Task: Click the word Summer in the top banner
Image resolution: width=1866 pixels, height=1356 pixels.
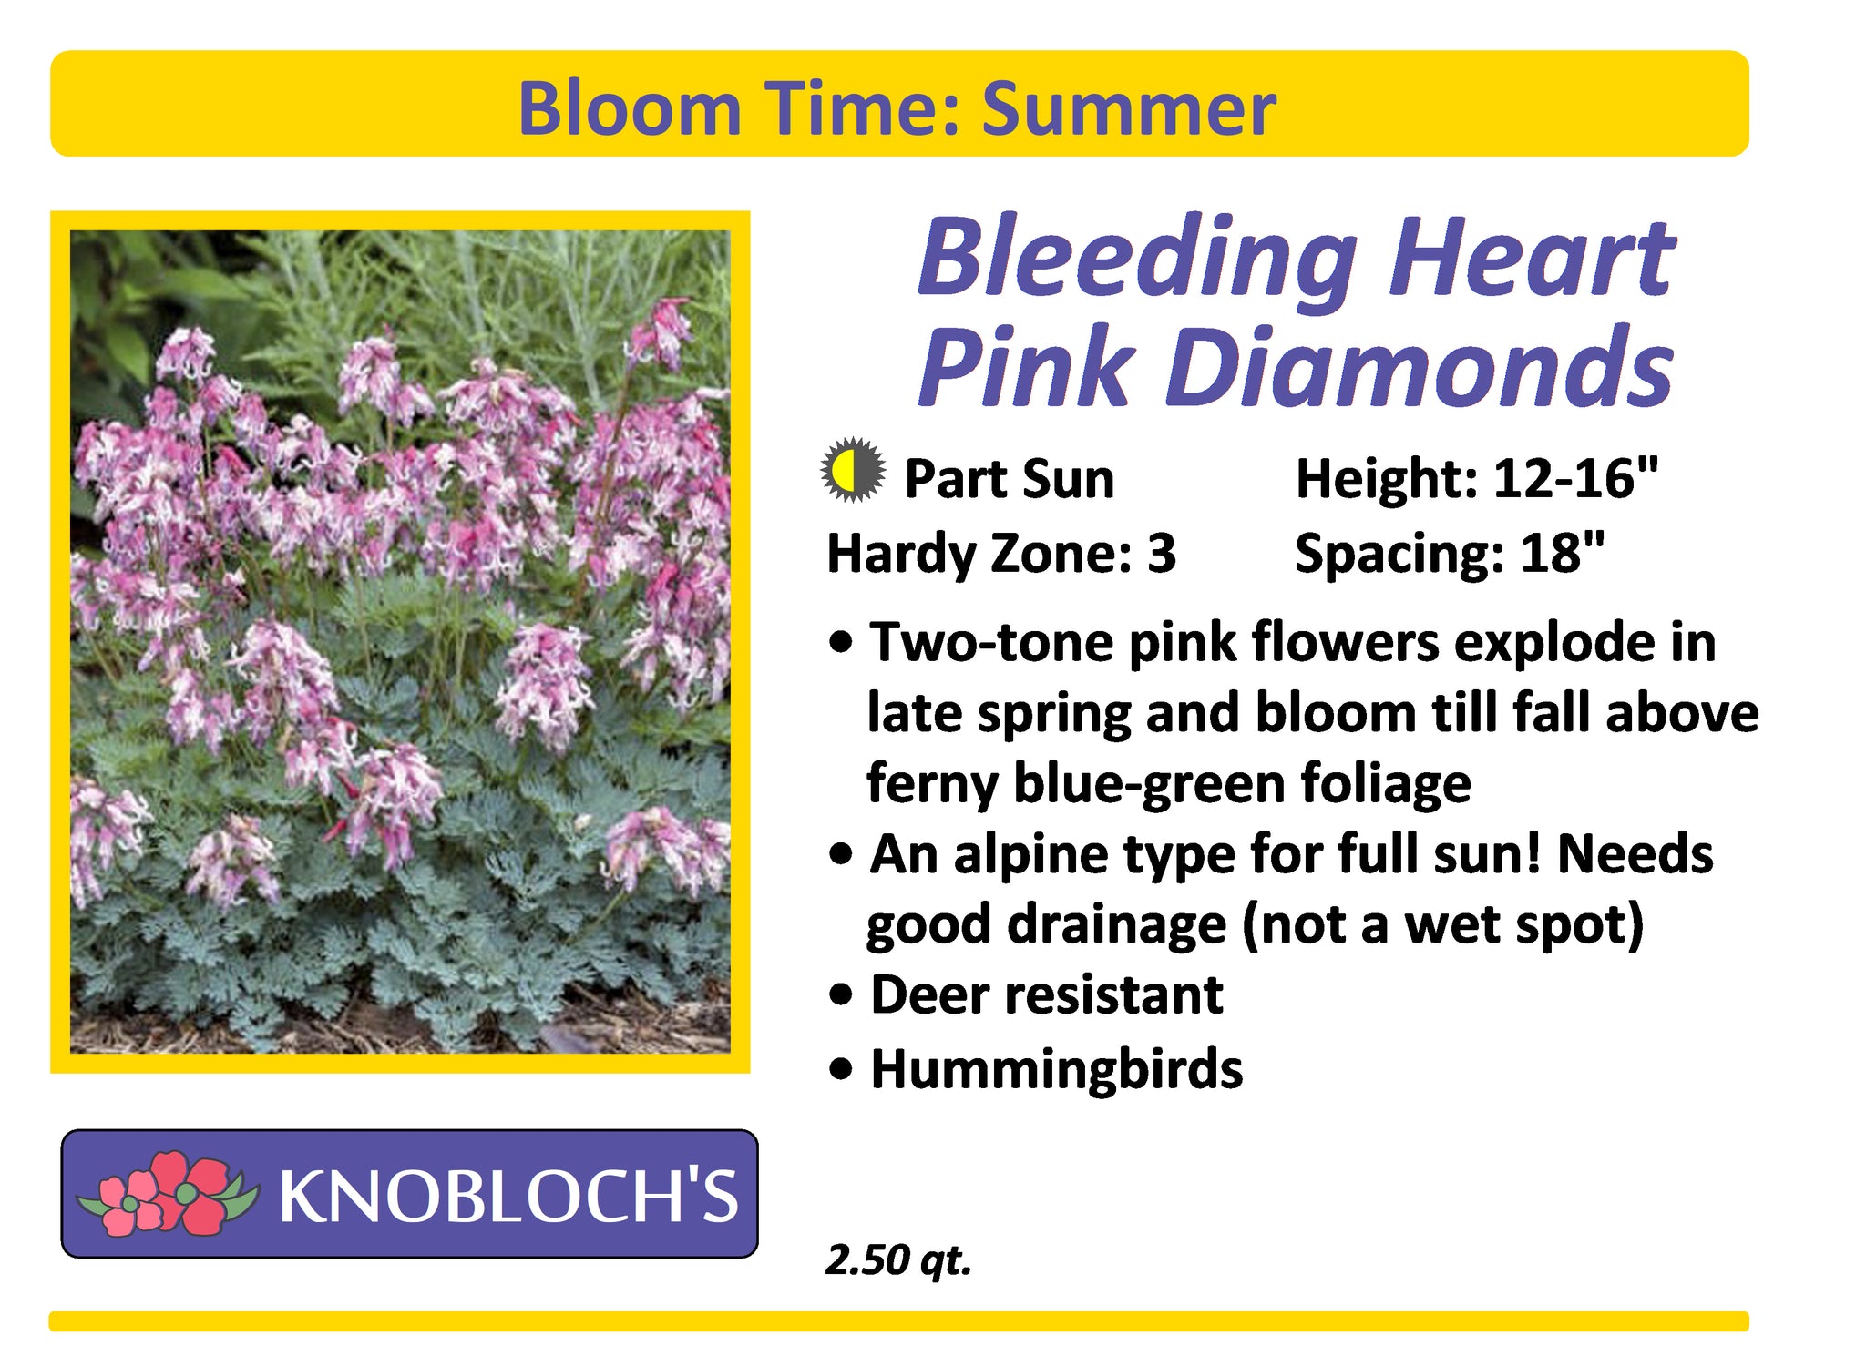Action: tap(1129, 108)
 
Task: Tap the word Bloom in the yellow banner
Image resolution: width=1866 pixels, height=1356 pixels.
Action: tap(630, 108)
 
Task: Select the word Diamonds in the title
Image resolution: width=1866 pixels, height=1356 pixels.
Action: tap(1420, 366)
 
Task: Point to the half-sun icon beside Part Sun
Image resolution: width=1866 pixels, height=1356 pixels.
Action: tap(853, 471)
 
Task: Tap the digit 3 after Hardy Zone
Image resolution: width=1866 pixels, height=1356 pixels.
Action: tap(1162, 553)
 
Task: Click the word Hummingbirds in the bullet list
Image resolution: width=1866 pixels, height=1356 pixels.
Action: tap(1057, 1069)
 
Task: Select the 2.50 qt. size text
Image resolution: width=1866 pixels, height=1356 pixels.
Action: tap(898, 1260)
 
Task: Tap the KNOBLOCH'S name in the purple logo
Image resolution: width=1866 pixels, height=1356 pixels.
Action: tap(508, 1196)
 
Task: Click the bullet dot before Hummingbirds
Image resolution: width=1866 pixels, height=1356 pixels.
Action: tap(842, 1069)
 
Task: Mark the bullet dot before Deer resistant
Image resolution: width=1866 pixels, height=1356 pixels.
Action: tap(842, 994)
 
